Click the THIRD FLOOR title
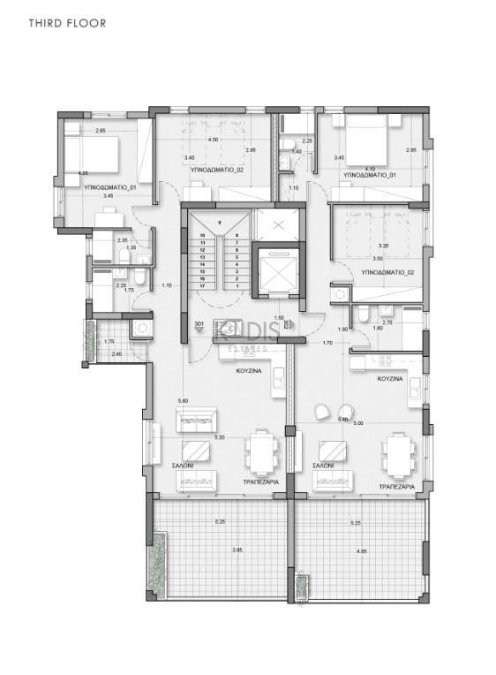click(67, 23)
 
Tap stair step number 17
click(203, 286)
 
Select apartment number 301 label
click(199, 325)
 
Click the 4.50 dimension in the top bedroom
click(213, 140)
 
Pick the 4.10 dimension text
click(369, 168)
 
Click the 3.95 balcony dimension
click(212, 550)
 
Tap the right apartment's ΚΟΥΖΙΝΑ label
click(389, 377)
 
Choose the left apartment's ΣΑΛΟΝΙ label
click(183, 464)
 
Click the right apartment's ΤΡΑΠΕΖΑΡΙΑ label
click(396, 487)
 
